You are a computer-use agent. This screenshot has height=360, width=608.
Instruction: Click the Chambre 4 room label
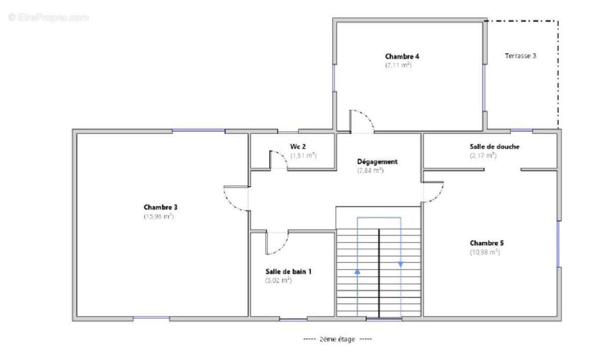[x=402, y=56]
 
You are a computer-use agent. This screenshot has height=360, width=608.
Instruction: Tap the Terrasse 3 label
[x=520, y=56]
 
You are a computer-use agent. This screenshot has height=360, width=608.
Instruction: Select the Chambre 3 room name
[x=160, y=207]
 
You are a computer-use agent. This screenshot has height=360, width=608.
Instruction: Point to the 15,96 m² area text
[x=159, y=217]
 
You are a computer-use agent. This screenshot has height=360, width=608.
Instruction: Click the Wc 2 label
[x=297, y=146]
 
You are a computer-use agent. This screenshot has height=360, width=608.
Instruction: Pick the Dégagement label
[x=377, y=162]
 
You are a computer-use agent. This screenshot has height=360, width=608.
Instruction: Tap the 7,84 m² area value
[x=370, y=171]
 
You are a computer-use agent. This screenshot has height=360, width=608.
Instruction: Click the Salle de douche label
[x=495, y=146]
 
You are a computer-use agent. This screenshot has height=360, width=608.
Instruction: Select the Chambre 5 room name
[x=486, y=243]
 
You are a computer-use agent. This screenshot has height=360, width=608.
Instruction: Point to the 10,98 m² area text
[x=485, y=252]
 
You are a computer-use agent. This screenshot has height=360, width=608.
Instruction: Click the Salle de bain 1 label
[x=288, y=271]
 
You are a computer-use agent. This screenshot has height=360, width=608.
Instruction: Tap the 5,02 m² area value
[x=278, y=281]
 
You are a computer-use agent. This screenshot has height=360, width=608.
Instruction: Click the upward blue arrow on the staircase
[x=357, y=271]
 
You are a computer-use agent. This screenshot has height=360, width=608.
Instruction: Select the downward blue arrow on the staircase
[x=401, y=264]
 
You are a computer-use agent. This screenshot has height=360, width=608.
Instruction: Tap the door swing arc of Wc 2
[x=283, y=156]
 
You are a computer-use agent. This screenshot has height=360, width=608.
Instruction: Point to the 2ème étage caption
[x=337, y=339]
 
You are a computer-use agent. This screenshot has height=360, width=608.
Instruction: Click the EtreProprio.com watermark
[x=48, y=17]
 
